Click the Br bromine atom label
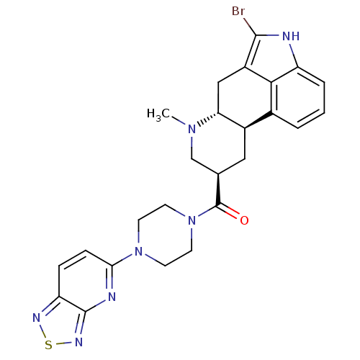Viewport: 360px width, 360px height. (x=238, y=12)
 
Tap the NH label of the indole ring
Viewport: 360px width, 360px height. (x=291, y=36)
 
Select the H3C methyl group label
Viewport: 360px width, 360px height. (x=158, y=114)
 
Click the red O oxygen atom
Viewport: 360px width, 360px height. (x=244, y=220)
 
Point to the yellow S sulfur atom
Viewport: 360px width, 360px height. (x=48, y=345)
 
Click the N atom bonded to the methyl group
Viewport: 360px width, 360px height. (x=192, y=129)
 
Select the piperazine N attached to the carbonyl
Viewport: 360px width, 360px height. (x=192, y=220)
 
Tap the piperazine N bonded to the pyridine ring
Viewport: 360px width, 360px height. (x=138, y=251)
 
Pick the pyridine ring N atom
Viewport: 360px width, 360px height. (x=112, y=297)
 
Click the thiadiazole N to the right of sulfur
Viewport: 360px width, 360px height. (x=78, y=342)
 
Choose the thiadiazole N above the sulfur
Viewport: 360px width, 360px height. (x=36, y=318)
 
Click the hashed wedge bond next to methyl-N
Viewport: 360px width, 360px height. (x=208, y=119)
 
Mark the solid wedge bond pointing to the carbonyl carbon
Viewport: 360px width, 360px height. (x=218, y=189)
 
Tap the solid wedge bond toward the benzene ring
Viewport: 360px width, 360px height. (x=258, y=120)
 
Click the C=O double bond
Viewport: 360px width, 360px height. (x=228, y=211)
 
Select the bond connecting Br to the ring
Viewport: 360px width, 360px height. (x=250, y=27)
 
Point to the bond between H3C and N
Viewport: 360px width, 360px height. (x=179, y=120)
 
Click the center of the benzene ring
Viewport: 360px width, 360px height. (x=298, y=97)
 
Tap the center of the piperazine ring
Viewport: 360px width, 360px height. (x=165, y=235)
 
